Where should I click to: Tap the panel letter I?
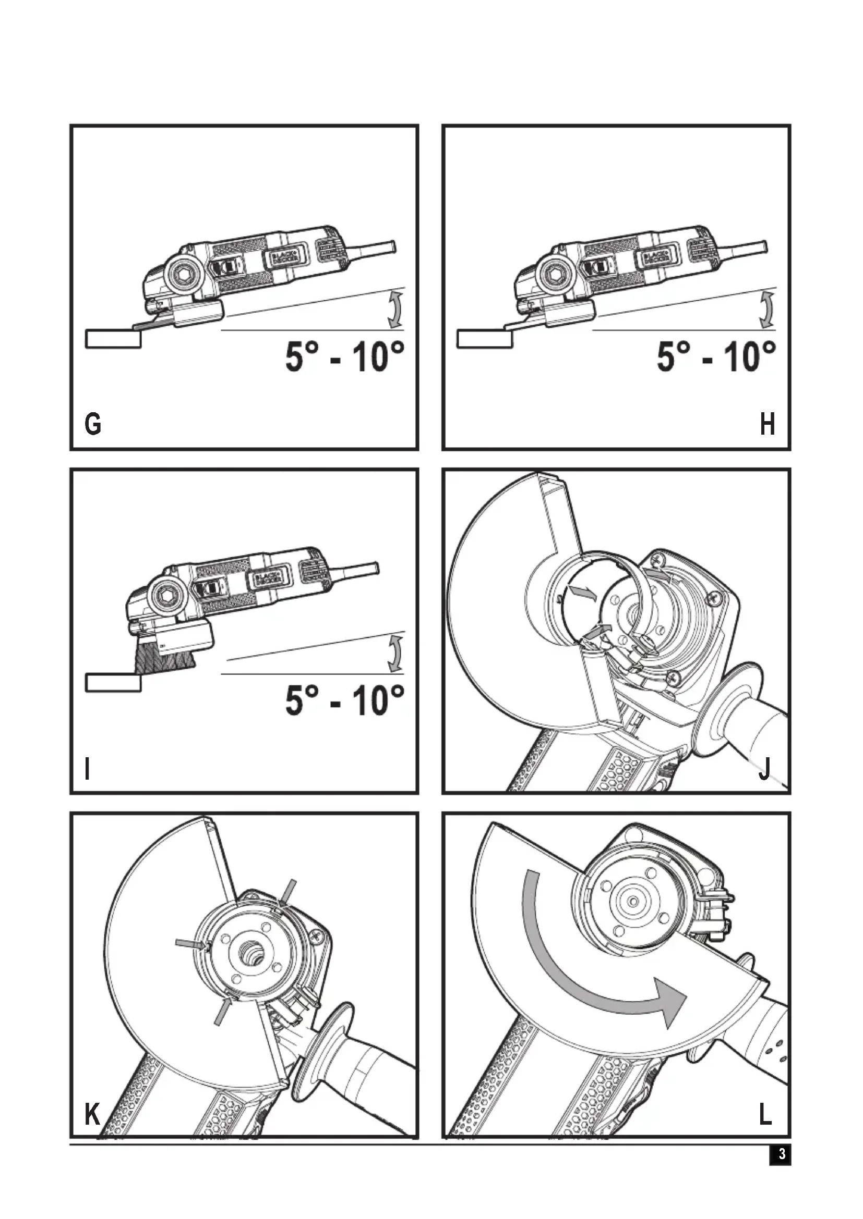click(88, 768)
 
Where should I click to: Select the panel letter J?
click(765, 768)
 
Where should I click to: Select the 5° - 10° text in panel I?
click(344, 700)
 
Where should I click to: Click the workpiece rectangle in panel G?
click(113, 339)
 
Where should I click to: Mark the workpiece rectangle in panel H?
click(485, 339)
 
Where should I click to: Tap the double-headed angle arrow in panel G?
click(395, 309)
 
